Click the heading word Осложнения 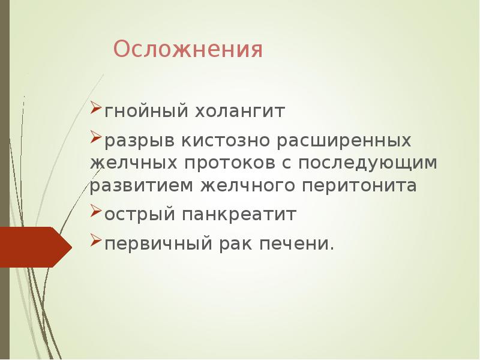(188, 50)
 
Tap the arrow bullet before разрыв (97, 139)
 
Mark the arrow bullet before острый (97, 212)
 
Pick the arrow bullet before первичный (97, 242)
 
